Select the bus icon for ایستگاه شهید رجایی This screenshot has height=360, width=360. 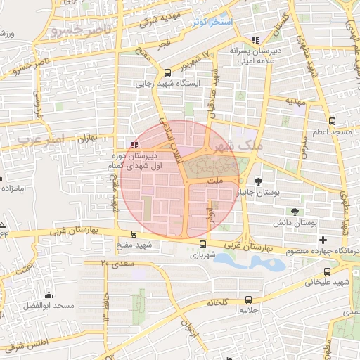point(167,72)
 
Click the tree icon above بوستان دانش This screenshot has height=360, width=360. point(294,211)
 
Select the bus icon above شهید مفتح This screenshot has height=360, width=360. point(134,234)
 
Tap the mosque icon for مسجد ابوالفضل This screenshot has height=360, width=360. point(49,295)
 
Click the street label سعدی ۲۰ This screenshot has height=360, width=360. point(114,262)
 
